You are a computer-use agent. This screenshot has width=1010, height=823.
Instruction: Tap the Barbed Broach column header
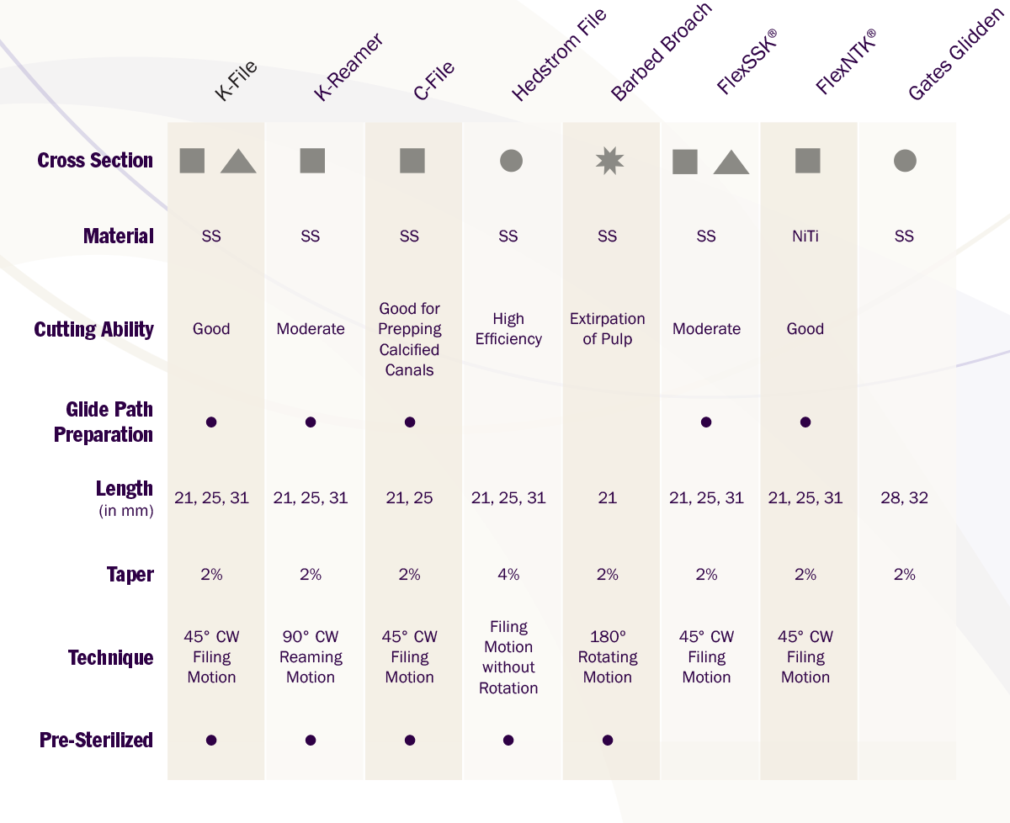(x=661, y=52)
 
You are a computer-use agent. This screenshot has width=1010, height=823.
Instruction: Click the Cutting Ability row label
(x=94, y=329)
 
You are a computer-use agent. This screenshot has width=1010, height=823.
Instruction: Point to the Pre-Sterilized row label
(x=96, y=741)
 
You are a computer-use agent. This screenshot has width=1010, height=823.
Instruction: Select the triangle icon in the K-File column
(x=238, y=161)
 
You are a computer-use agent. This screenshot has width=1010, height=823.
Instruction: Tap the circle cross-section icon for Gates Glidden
(x=905, y=161)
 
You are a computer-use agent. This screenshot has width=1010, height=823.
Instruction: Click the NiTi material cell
(x=805, y=236)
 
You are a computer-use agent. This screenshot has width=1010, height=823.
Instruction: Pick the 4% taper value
(x=508, y=575)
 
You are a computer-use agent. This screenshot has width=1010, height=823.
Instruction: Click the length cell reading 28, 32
(x=904, y=498)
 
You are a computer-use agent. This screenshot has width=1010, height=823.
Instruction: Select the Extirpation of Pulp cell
(x=607, y=329)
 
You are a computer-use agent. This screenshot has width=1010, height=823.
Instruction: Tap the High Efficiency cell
(x=508, y=329)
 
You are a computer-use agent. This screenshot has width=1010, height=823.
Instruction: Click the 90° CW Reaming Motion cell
(x=311, y=657)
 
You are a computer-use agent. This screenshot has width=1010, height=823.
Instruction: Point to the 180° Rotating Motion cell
(x=607, y=657)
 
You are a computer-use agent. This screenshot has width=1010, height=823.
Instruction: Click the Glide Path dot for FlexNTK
(x=805, y=422)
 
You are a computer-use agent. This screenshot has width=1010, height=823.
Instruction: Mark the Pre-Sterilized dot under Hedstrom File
(x=508, y=741)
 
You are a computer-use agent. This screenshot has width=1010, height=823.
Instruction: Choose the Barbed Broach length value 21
(x=607, y=498)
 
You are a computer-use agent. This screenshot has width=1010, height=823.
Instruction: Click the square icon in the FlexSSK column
(x=685, y=162)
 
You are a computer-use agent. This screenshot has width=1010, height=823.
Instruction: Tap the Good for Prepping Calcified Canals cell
(x=410, y=339)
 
